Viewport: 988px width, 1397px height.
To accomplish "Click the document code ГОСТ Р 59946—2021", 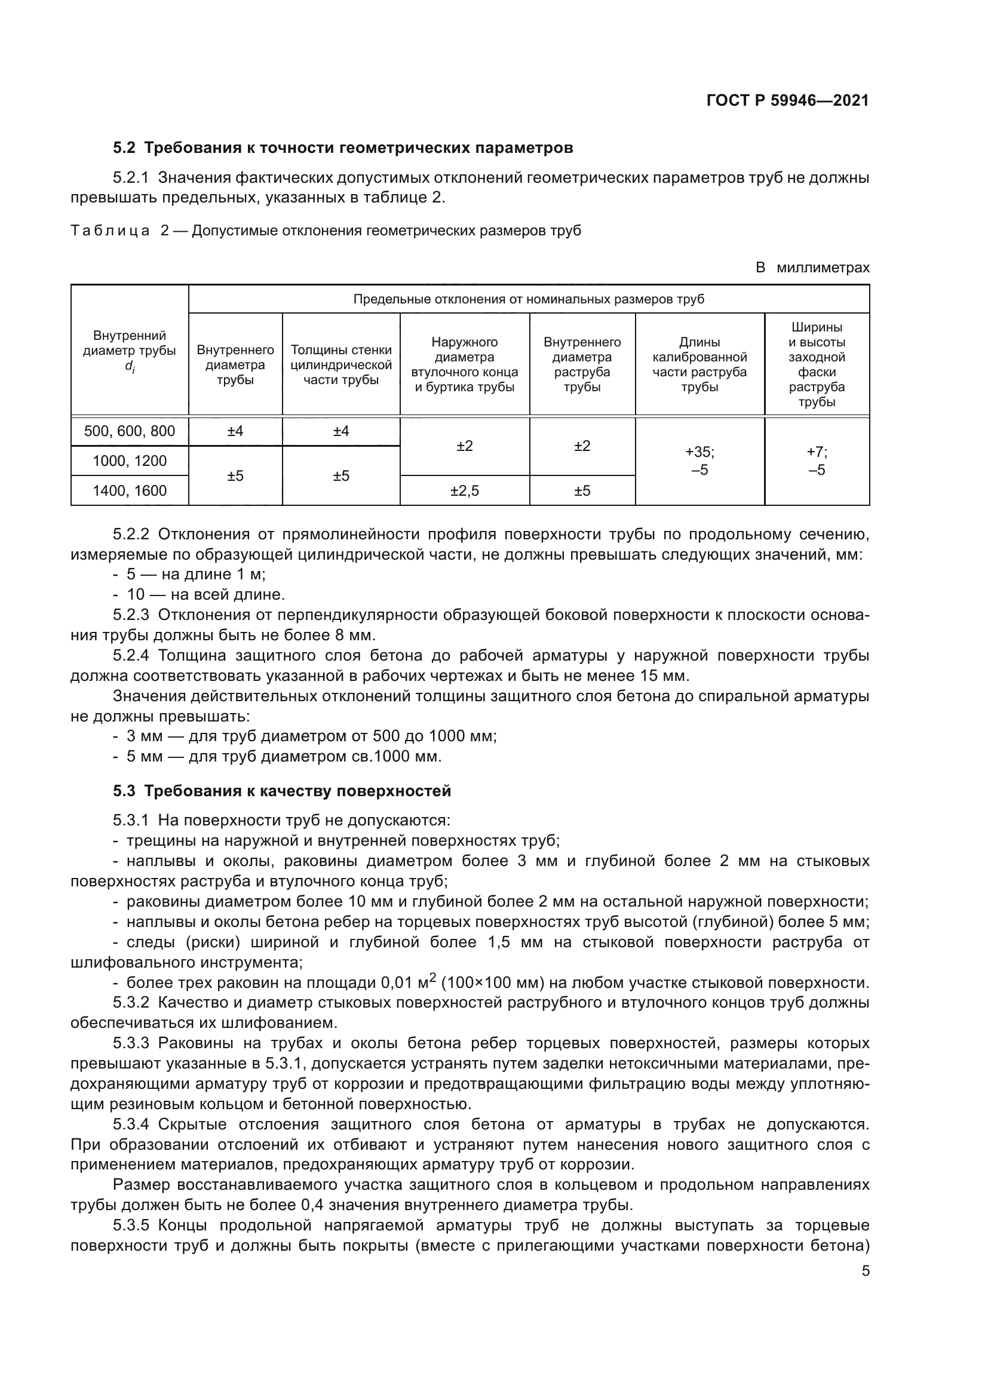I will click(x=787, y=100).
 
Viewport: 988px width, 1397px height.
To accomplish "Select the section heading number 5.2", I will click(x=124, y=148).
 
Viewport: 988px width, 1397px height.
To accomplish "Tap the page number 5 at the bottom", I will click(x=866, y=1271).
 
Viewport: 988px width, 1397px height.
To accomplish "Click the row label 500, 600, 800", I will click(x=130, y=431).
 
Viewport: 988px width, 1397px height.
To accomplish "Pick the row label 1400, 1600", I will click(x=130, y=490).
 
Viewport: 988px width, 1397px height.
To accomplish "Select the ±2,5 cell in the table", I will click(x=464, y=490).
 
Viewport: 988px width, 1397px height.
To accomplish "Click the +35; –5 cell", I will click(x=699, y=461).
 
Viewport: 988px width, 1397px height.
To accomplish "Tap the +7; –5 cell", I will click(x=817, y=461).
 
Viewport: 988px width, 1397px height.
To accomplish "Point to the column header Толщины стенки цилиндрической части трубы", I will click(x=340, y=364).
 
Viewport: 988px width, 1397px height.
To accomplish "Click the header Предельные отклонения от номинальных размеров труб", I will click(x=528, y=299).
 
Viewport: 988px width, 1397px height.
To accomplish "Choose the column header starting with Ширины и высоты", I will click(x=817, y=364).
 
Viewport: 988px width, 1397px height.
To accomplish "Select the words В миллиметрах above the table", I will click(x=812, y=268).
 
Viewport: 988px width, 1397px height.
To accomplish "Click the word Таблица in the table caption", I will click(x=110, y=231).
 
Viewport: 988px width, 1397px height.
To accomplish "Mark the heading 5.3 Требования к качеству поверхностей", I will click(x=282, y=791).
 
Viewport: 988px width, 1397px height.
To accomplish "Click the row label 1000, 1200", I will click(x=130, y=461).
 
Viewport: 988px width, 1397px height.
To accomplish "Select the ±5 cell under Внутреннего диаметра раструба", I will click(x=582, y=490).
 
